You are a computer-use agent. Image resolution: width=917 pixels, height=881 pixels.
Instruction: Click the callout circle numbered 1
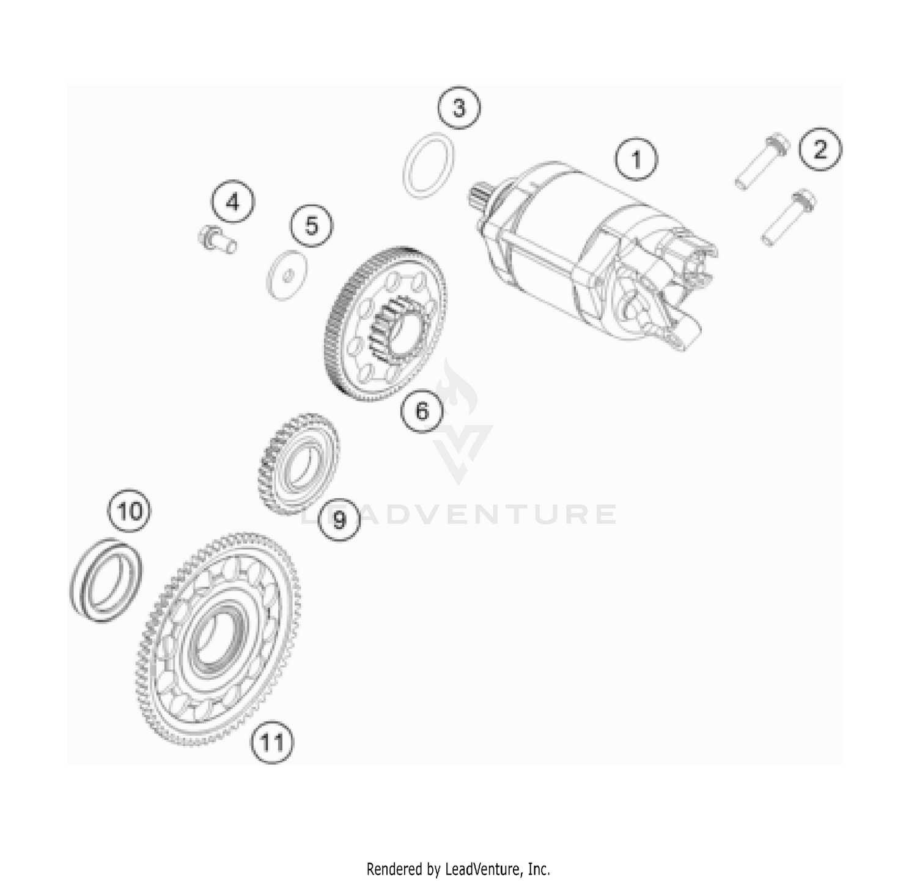(636, 160)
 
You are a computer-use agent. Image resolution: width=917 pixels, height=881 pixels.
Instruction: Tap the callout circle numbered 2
(819, 149)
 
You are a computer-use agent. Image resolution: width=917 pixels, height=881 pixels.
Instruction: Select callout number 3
(458, 108)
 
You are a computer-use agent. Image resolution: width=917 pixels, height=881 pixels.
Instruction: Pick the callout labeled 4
(233, 202)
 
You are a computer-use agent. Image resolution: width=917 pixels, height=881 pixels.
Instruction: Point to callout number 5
(311, 226)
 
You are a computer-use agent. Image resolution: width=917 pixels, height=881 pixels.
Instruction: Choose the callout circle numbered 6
(422, 411)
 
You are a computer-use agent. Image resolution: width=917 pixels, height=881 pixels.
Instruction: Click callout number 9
(339, 519)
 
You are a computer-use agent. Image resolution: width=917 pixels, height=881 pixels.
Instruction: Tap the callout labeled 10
(130, 510)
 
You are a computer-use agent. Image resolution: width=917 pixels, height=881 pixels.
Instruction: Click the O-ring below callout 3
(429, 166)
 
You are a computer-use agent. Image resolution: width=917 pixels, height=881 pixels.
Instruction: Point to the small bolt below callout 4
(216, 239)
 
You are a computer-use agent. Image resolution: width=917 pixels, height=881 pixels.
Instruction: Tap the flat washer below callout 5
(287, 275)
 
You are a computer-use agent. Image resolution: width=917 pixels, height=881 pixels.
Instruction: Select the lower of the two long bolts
(788, 218)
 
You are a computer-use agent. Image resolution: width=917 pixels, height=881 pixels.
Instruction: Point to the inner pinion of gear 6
(395, 328)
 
